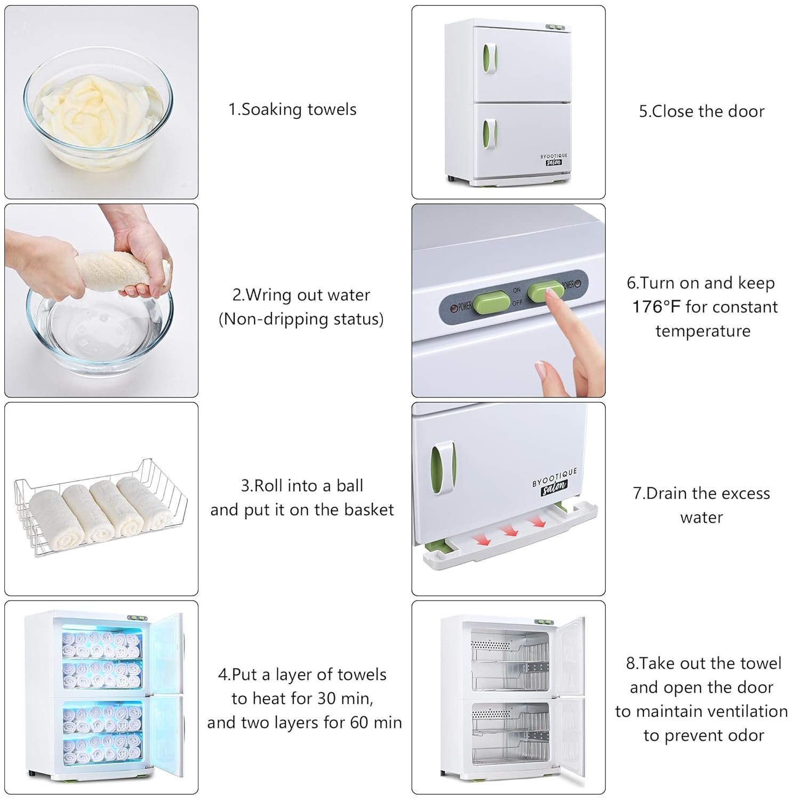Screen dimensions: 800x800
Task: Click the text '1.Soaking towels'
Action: pyautogui.click(x=292, y=109)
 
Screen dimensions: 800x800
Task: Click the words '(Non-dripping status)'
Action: pyautogui.click(x=301, y=319)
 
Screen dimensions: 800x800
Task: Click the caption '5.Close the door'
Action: pyautogui.click(x=701, y=111)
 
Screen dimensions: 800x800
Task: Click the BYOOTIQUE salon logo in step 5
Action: pyautogui.click(x=554, y=159)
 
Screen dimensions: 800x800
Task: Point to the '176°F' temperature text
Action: pyautogui.click(x=656, y=307)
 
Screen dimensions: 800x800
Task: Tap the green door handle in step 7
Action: pyautogui.click(x=443, y=468)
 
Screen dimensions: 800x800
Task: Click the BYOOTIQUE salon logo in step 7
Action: pyautogui.click(x=555, y=483)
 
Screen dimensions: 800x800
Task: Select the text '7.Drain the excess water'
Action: pyautogui.click(x=701, y=505)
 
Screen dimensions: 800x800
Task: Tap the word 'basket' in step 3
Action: pyautogui.click(x=369, y=510)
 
